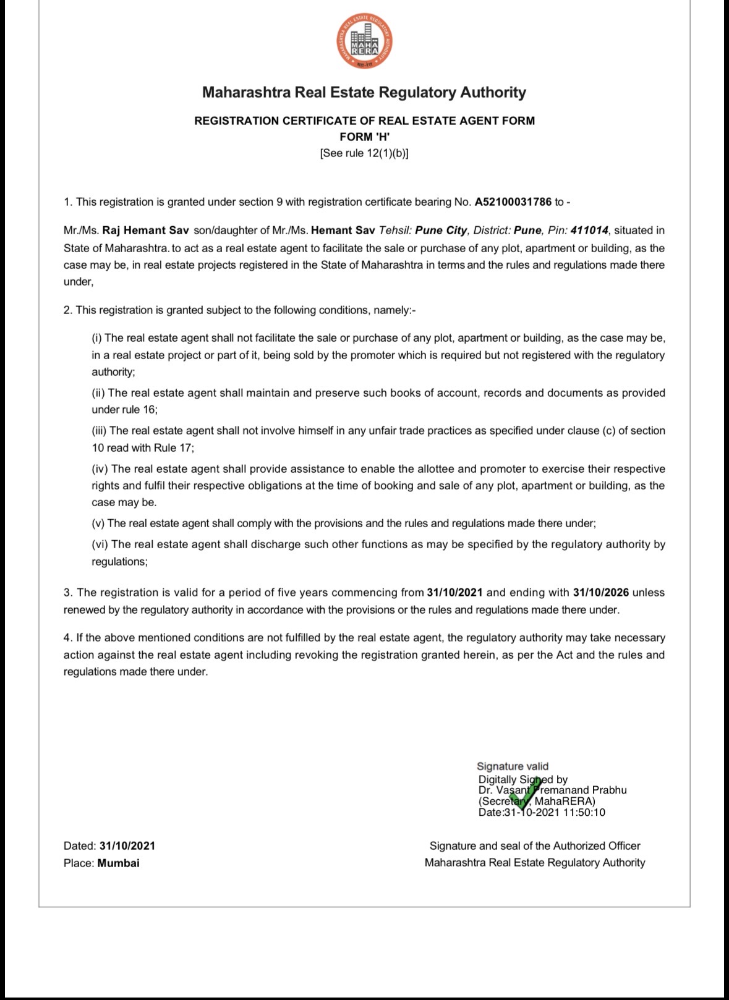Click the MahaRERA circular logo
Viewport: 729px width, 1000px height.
[x=364, y=42]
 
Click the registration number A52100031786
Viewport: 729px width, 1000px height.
[x=513, y=202]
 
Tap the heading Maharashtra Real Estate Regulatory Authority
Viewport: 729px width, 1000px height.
[x=364, y=93]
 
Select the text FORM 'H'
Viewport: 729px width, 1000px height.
[x=364, y=137]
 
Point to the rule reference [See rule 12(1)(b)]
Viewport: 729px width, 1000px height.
[x=364, y=153]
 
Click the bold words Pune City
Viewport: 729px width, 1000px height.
[x=441, y=231]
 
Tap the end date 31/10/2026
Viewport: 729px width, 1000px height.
[x=600, y=593]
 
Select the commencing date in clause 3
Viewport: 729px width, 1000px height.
[x=454, y=593]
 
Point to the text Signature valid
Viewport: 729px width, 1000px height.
[x=513, y=766]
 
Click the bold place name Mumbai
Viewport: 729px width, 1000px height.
[x=119, y=863]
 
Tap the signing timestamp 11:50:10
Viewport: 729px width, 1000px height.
[x=584, y=813]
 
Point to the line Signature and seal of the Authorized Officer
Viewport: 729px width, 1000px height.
[x=535, y=846]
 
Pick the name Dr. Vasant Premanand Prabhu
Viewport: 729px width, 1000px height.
[x=552, y=790]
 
